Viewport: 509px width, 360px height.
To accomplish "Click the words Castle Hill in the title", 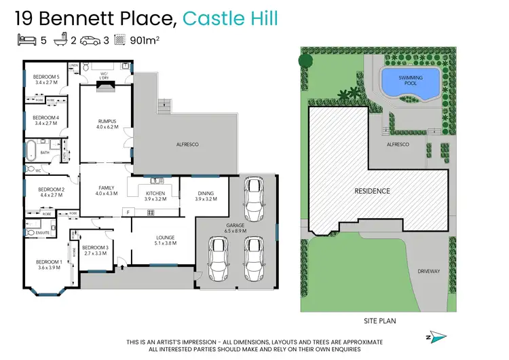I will point(231,19).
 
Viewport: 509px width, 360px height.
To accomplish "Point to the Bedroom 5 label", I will point(47,76).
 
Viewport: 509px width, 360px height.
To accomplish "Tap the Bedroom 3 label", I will point(96,247).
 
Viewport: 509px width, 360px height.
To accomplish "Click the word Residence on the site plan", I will point(373,191).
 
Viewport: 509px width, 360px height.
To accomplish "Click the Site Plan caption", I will point(380,320).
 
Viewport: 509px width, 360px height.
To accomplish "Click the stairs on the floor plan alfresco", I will point(164,106).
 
